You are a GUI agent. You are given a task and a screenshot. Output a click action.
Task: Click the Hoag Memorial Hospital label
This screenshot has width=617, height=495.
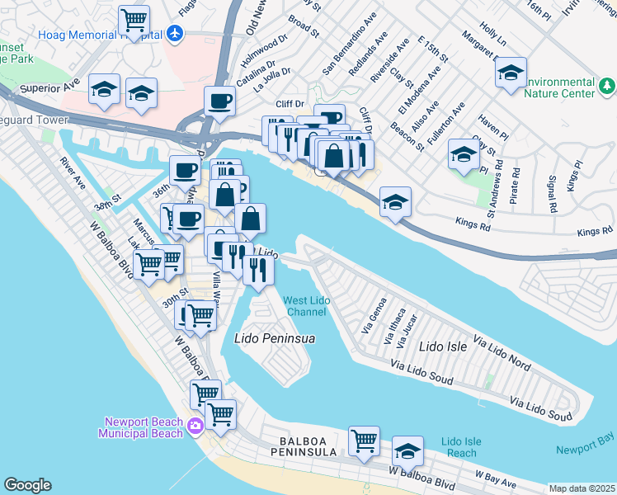tap(100, 35)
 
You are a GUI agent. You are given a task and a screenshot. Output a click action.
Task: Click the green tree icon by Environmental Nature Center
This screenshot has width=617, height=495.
tap(607, 85)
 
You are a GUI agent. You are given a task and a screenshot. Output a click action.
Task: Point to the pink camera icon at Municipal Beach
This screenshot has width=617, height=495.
tap(195, 426)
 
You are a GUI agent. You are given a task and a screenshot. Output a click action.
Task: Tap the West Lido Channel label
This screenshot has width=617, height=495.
tap(306, 305)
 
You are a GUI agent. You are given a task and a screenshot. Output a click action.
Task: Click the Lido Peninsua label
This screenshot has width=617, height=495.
tap(276, 338)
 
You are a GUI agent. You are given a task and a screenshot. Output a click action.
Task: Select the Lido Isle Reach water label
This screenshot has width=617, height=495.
tap(459, 448)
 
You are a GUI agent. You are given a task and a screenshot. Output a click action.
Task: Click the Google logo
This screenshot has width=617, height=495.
tap(27, 485)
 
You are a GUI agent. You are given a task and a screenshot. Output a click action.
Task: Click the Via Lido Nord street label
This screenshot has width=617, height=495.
tap(502, 351)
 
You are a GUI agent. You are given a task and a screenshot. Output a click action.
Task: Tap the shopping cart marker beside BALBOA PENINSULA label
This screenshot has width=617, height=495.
tap(364, 441)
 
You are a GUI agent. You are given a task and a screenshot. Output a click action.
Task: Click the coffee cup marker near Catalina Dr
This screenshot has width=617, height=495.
tap(219, 101)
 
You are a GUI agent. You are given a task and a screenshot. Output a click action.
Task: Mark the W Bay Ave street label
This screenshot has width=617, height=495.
tap(497, 478)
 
